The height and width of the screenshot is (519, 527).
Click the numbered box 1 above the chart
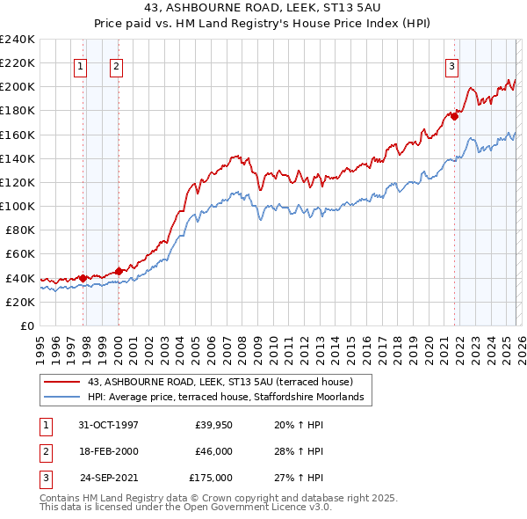click(x=80, y=64)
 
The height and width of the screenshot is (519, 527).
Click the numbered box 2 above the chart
click(x=116, y=64)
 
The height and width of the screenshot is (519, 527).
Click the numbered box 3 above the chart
click(x=451, y=64)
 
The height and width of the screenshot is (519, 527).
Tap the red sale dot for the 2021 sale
click(x=455, y=115)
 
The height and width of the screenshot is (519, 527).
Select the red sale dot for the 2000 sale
click(x=119, y=271)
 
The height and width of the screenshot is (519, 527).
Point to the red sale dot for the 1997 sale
click(x=83, y=278)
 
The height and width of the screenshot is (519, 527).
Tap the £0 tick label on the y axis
click(x=25, y=325)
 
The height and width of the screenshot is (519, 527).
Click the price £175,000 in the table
click(x=211, y=478)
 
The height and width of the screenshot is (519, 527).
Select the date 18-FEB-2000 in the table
click(x=109, y=451)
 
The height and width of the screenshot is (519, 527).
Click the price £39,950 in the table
click(x=214, y=425)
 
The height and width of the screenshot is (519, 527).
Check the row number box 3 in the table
click(x=45, y=478)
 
